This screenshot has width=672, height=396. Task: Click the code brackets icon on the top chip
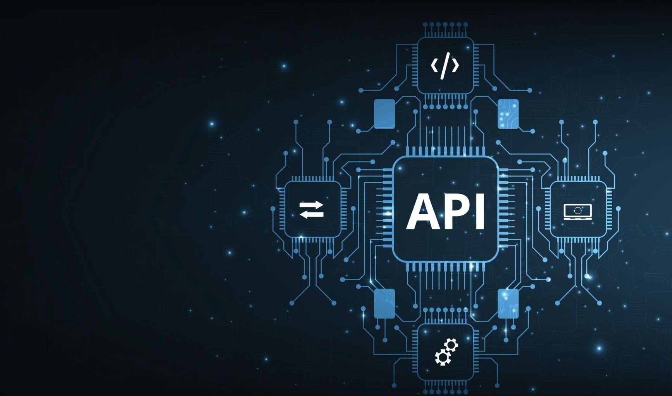coord(445,65)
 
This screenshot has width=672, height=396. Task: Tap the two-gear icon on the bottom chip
coord(446,352)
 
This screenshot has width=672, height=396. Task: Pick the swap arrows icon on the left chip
coord(312,210)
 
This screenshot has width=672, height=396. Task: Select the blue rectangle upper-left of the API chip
coord(384,114)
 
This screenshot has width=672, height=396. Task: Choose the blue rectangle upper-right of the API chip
coord(508,114)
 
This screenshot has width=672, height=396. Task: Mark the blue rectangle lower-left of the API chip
coord(384,303)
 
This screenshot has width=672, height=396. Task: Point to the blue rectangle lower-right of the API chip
coord(508,303)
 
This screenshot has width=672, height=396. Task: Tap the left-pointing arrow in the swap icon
coord(311,215)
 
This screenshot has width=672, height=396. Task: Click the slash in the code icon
coord(445,65)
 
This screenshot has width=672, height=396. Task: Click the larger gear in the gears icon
coord(441,357)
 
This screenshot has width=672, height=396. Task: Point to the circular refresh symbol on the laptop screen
coord(578,210)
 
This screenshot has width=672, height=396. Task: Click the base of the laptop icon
coord(578,219)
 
